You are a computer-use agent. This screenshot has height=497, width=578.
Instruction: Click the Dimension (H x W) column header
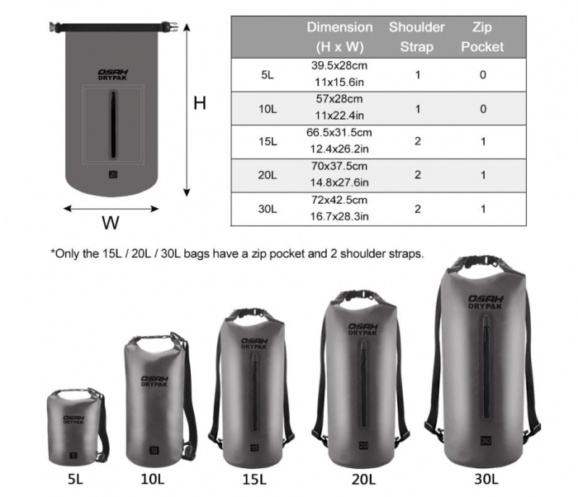tap(339, 37)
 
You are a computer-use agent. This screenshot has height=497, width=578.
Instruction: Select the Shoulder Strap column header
tap(416, 37)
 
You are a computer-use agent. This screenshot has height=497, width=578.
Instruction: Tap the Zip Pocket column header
tap(482, 37)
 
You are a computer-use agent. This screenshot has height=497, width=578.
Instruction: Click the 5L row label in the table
tap(267, 74)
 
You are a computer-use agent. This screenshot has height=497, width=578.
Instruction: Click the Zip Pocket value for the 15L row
tap(482, 141)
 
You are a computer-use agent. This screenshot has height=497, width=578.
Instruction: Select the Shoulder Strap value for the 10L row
tap(417, 108)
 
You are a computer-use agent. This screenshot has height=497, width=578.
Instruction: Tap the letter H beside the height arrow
tap(199, 103)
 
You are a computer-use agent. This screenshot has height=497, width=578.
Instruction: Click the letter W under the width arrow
tap(110, 222)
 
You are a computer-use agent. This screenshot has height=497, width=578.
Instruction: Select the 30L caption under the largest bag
tap(485, 478)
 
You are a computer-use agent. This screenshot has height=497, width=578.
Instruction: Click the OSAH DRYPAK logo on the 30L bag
tap(486, 303)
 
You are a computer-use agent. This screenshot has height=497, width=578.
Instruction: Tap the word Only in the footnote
tap(70, 253)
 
